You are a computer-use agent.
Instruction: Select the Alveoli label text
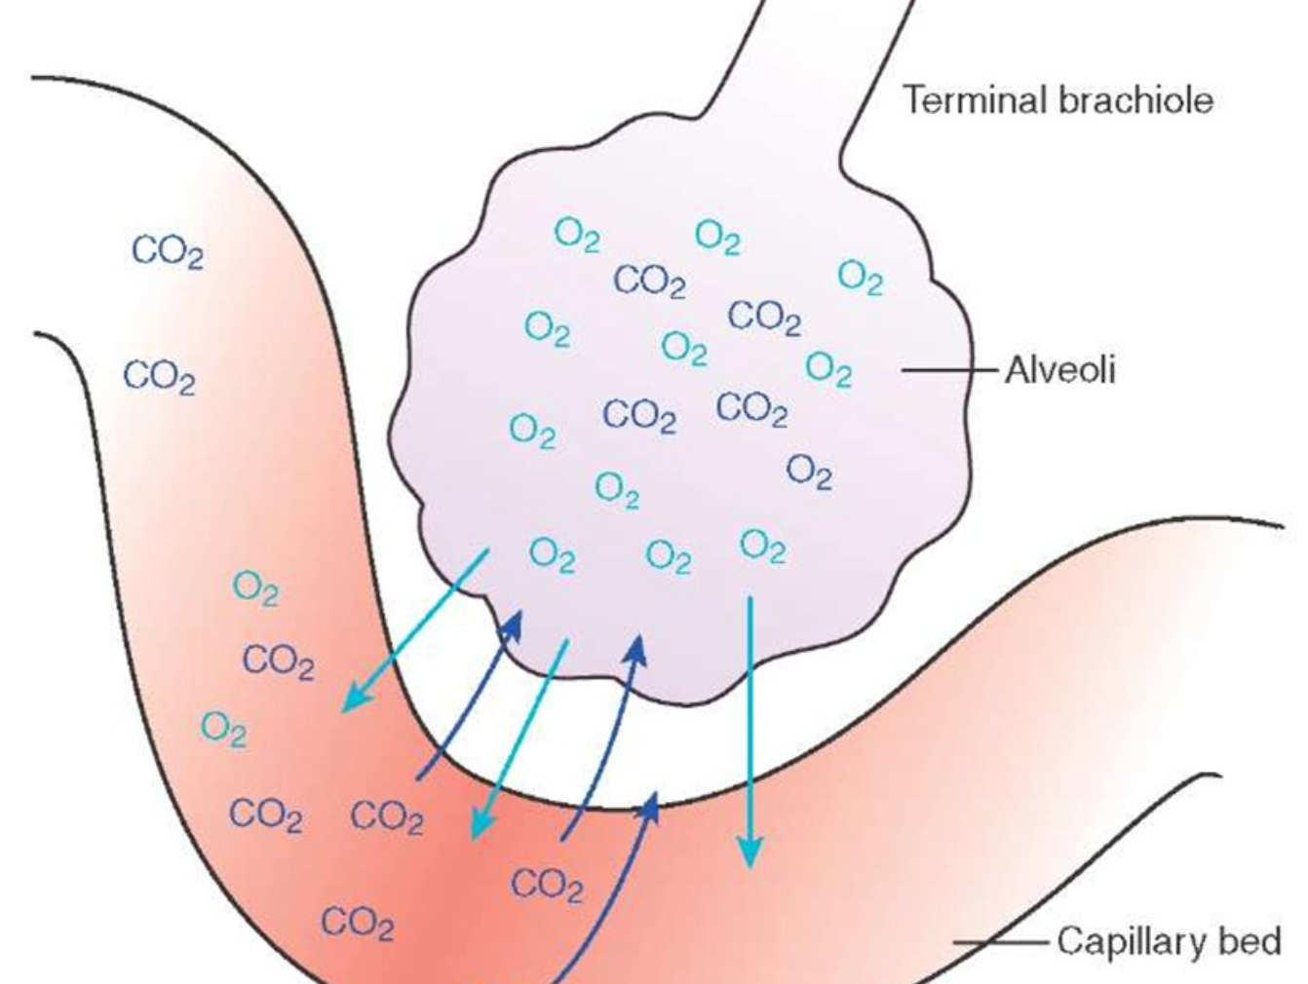click(x=1059, y=370)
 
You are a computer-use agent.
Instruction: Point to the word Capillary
click(x=1131, y=941)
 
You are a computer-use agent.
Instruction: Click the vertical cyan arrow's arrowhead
click(x=749, y=853)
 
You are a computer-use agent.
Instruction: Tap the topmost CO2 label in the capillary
click(x=168, y=251)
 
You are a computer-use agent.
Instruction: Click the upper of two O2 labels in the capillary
click(x=255, y=588)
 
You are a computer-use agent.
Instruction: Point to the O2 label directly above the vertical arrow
click(x=762, y=547)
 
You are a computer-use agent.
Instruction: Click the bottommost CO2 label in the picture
click(x=357, y=922)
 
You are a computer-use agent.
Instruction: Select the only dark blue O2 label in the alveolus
click(x=809, y=472)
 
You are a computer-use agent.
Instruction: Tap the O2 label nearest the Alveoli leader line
click(x=828, y=368)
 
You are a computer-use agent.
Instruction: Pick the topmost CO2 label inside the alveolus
click(x=649, y=282)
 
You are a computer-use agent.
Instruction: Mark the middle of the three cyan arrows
click(x=517, y=740)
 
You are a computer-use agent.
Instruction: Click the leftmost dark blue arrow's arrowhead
click(x=509, y=624)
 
